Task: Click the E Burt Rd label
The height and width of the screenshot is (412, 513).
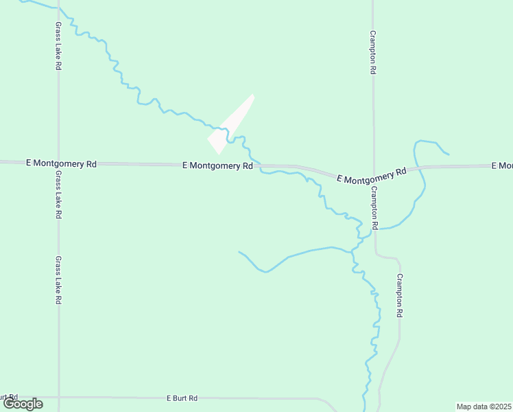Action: (182, 398)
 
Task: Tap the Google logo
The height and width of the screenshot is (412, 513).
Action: (23, 404)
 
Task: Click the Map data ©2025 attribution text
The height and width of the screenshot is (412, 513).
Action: (484, 407)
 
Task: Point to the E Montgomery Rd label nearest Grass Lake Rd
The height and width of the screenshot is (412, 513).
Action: (61, 164)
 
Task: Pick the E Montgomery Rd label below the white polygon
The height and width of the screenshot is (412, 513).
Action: (218, 165)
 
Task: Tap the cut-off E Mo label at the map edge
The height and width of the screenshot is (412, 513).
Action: (502, 166)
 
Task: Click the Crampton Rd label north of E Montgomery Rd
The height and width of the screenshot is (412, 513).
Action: (372, 52)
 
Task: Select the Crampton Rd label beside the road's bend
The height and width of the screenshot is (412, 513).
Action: (399, 295)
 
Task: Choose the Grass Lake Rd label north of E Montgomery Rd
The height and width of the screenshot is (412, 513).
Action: (58, 45)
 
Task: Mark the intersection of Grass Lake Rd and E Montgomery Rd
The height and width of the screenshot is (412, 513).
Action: (58, 163)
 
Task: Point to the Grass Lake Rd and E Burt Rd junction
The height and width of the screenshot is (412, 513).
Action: (58, 397)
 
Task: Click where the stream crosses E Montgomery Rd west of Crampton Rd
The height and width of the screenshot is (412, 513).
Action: (261, 166)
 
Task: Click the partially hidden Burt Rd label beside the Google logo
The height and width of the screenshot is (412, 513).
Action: (8, 397)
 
